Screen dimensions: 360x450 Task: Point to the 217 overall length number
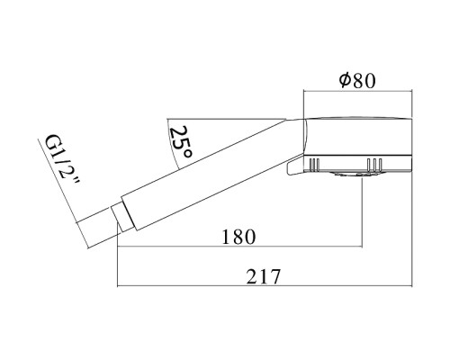point(264,276)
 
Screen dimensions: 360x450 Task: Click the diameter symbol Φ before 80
point(344,79)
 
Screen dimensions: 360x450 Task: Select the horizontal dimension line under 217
point(264,287)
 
